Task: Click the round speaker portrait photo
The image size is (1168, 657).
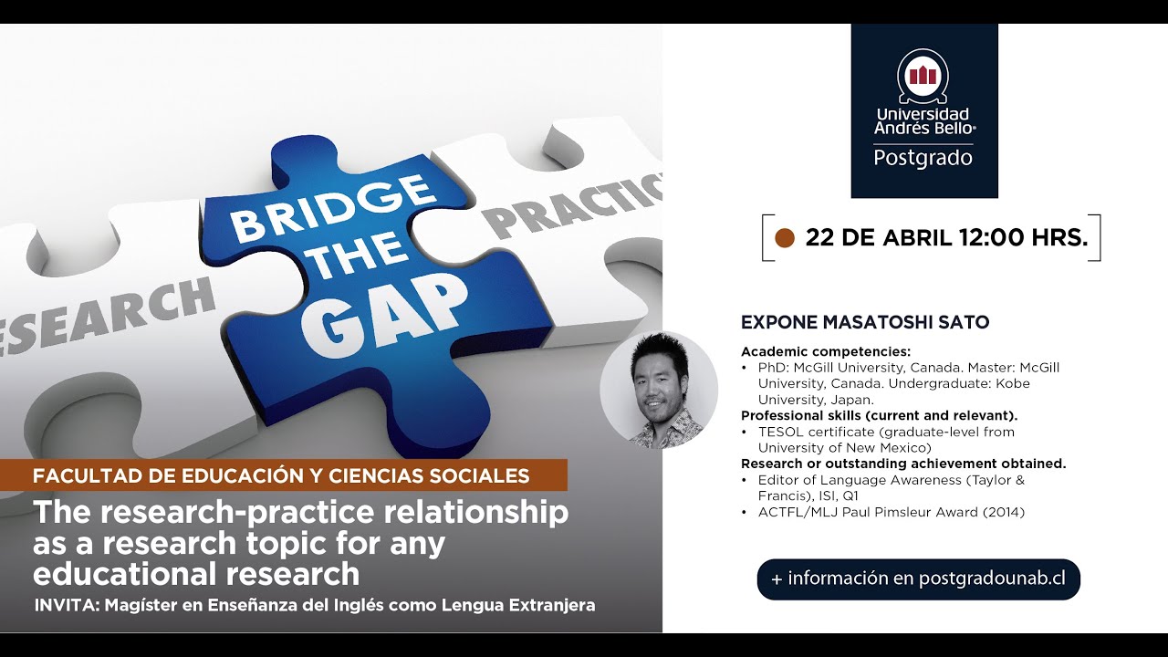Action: [659, 390]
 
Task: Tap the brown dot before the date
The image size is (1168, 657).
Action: [784, 238]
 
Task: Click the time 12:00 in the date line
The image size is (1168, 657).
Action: [991, 238]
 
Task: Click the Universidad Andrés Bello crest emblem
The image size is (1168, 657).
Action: [923, 76]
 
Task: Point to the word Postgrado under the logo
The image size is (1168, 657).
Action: [923, 158]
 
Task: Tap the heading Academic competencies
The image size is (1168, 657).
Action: [825, 351]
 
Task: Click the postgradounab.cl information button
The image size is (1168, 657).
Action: [918, 579]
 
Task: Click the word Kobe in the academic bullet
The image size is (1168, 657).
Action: [1011, 383]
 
